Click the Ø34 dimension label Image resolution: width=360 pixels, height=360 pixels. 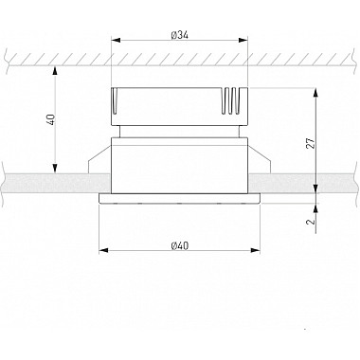click(x=179, y=35)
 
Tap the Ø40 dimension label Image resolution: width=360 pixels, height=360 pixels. click(x=179, y=245)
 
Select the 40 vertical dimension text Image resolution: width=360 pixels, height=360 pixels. click(x=51, y=119)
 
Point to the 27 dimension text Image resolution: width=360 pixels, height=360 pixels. click(x=311, y=143)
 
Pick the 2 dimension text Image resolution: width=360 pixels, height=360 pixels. click(x=311, y=221)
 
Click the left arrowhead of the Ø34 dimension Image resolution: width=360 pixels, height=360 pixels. click(x=117, y=40)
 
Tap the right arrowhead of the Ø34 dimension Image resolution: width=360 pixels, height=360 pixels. click(x=243, y=40)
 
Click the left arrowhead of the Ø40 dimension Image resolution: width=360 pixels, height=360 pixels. click(x=103, y=250)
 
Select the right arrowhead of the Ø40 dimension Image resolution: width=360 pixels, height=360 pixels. click(x=255, y=250)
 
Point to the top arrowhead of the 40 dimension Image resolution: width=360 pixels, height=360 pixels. click(x=55, y=71)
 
